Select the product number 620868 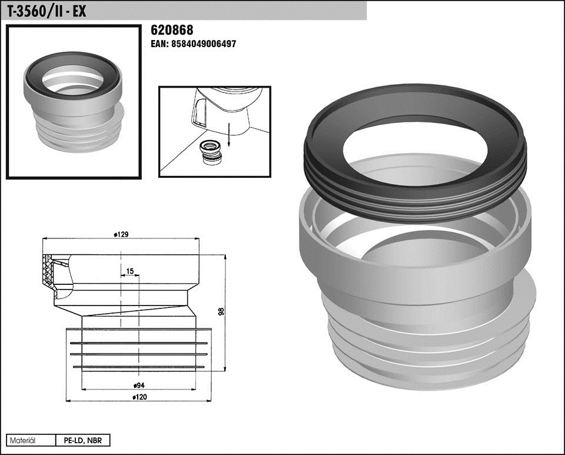pos(172,30)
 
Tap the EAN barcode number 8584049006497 pos(204,44)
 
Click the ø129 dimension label pos(121,234)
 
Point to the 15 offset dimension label pos(130,271)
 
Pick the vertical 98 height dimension pos(221,311)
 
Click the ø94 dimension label pos(139,386)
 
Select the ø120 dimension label pos(139,397)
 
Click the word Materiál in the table pos(22,440)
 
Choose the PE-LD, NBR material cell pos(83,440)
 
